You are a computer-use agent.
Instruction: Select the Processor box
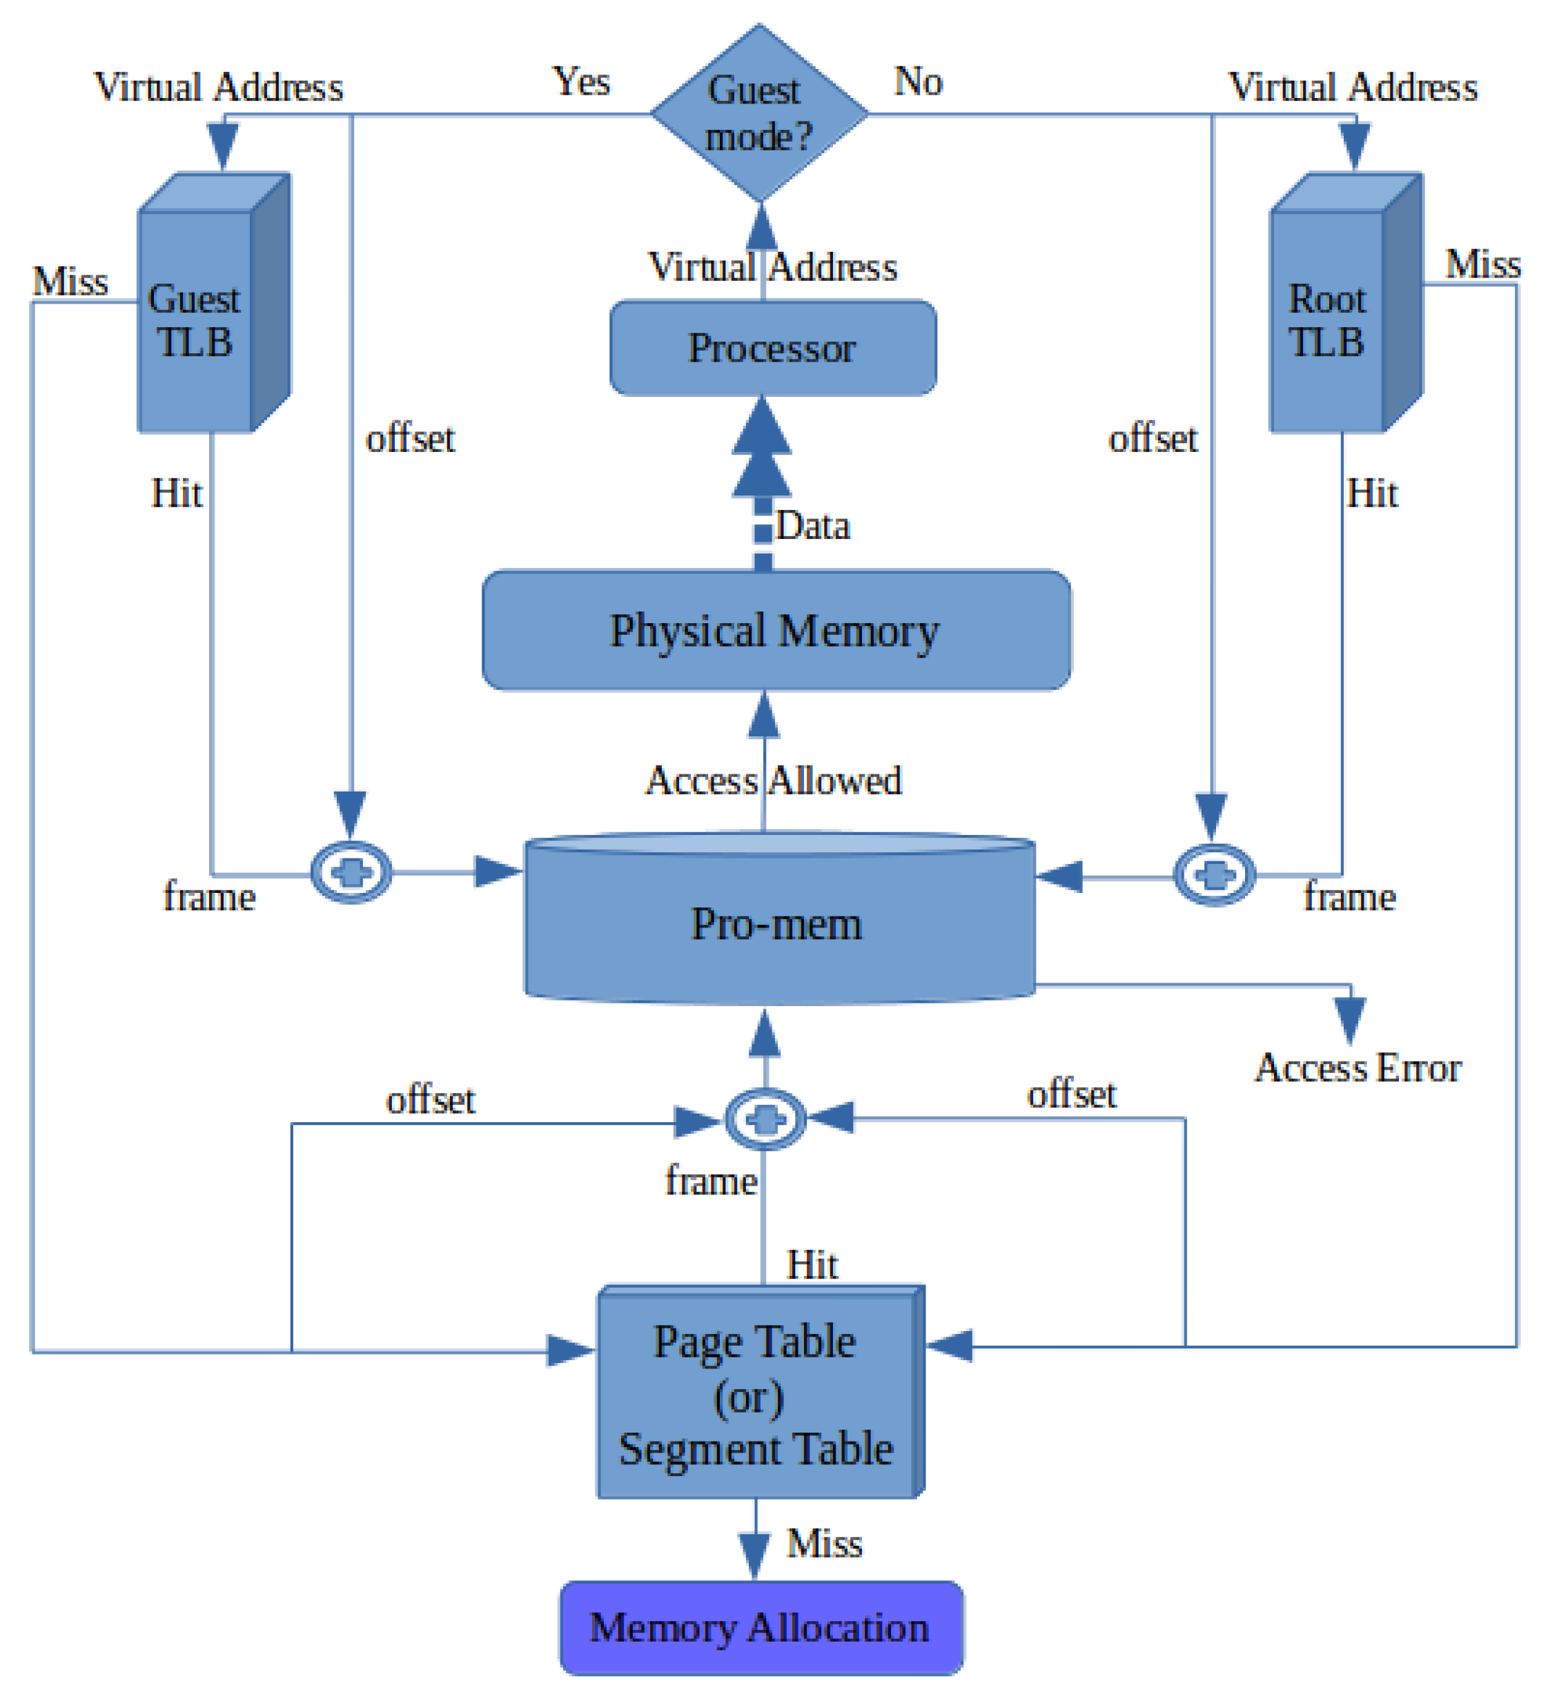coord(772,347)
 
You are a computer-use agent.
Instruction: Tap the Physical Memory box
coord(775,630)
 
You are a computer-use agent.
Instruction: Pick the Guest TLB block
coord(195,320)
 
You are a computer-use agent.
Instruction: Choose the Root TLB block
coord(1326,320)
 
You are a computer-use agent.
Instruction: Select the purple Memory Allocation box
coord(760,1627)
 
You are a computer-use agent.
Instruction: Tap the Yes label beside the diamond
coord(580,81)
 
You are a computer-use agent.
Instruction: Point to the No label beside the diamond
coord(918,81)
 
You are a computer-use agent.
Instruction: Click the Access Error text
coord(1358,1068)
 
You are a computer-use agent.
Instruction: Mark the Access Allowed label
coord(774,780)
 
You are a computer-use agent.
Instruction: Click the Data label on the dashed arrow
coord(812,526)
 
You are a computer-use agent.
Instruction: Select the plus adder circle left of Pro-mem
coord(351,872)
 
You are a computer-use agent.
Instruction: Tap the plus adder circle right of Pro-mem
coord(1214,875)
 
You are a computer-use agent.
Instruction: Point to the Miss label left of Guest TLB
coord(70,282)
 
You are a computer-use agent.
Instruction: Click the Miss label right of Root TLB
coord(1482,264)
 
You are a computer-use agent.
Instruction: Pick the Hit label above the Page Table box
coord(812,1265)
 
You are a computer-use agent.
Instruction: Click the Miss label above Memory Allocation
coord(823,1543)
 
